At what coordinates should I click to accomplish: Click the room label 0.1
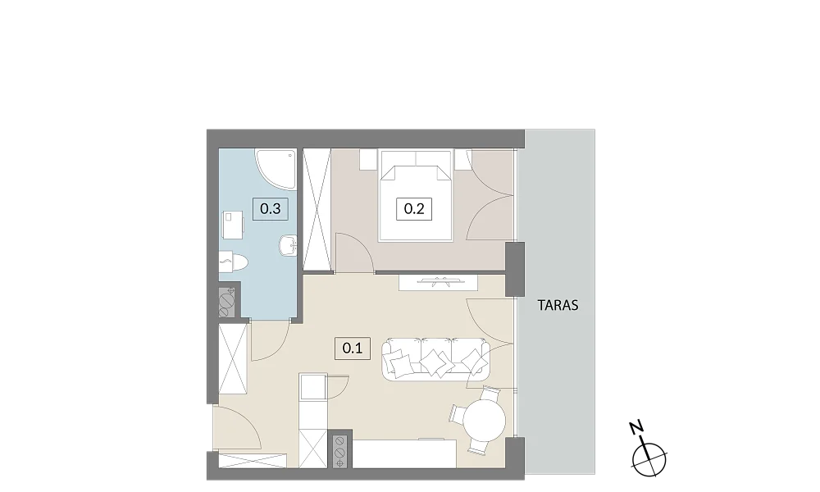tap(353, 348)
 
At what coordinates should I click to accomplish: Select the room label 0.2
tap(413, 209)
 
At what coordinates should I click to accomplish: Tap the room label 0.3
tap(271, 209)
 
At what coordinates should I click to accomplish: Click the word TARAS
tap(558, 305)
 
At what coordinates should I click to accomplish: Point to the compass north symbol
tap(648, 449)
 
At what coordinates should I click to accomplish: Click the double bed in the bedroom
tap(416, 195)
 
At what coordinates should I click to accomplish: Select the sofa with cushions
tap(435, 359)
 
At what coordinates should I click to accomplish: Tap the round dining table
tap(485, 421)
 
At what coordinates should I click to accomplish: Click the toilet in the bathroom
tap(232, 262)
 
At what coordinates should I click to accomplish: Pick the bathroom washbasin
tap(288, 246)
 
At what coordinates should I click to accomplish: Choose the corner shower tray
tap(276, 170)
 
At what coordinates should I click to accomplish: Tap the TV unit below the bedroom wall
tap(438, 282)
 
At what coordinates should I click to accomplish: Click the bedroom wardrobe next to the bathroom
tap(317, 210)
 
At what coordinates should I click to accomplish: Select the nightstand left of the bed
tap(368, 159)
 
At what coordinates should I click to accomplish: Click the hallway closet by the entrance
tap(233, 358)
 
